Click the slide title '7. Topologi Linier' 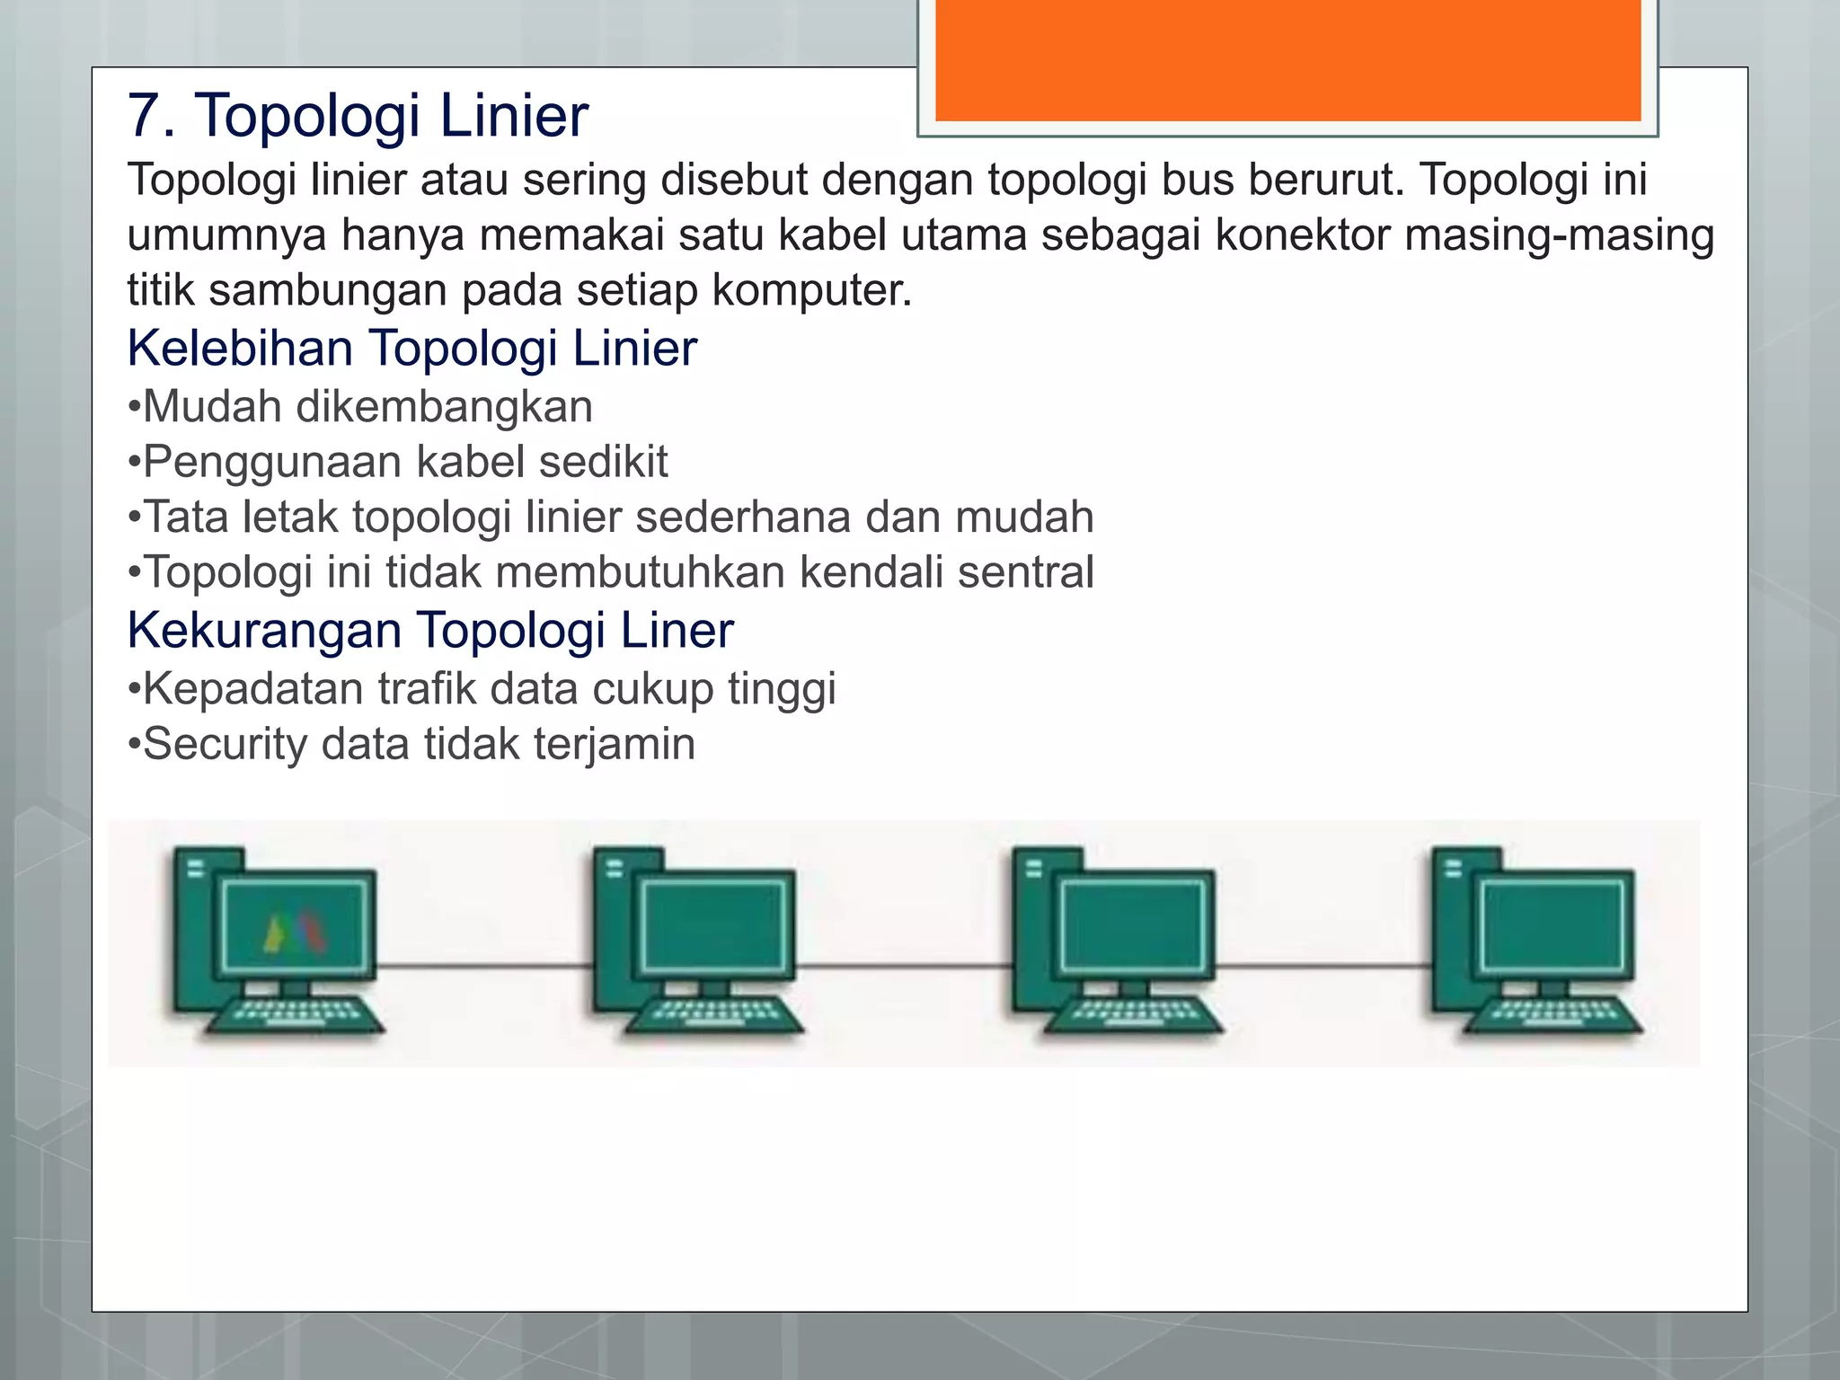coord(358,115)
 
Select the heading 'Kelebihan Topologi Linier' coord(411,348)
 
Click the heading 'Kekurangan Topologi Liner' coord(430,630)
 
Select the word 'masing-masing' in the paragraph coord(1559,235)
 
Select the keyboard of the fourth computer coord(1552,1014)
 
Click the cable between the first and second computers coord(485,967)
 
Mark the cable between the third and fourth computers coord(1323,967)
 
